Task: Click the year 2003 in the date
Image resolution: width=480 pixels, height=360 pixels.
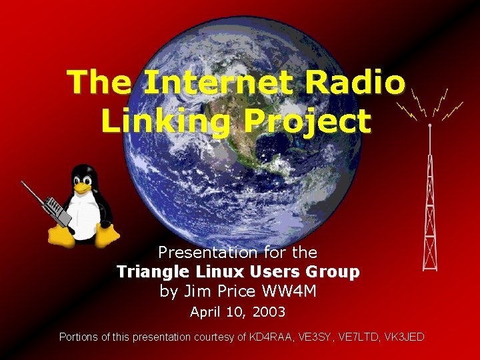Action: pyautogui.click(x=270, y=312)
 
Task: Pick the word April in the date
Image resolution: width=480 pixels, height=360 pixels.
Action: pyautogui.click(x=205, y=312)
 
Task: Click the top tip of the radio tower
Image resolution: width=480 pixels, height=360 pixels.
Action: pyautogui.click(x=431, y=125)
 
